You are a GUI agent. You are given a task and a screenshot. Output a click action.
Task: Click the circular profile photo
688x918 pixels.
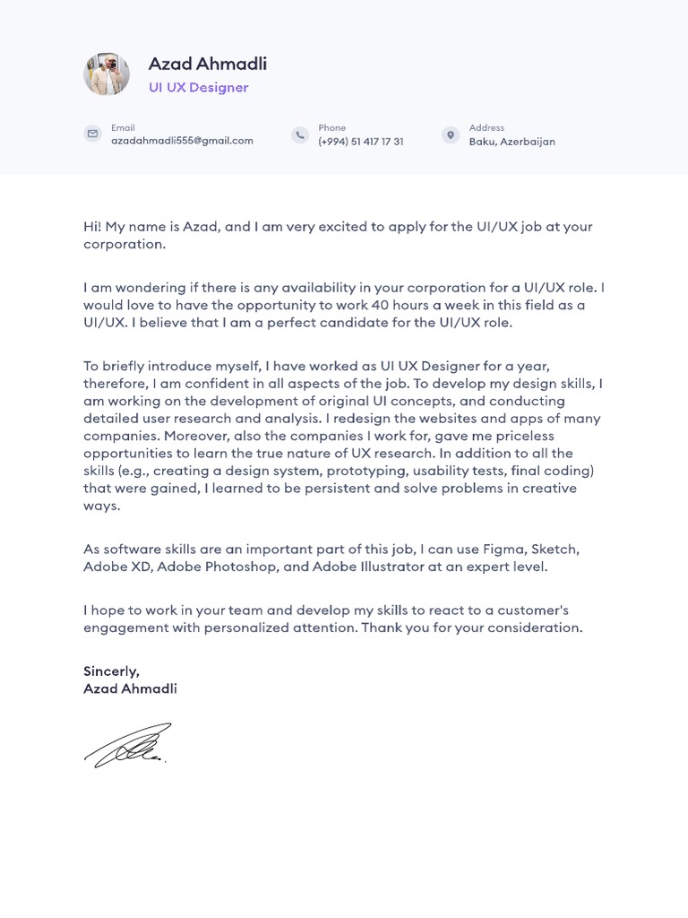[107, 74]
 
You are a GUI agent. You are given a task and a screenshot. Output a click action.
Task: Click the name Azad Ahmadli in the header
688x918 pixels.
[207, 64]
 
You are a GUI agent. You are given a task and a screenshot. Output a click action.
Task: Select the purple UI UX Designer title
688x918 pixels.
[198, 88]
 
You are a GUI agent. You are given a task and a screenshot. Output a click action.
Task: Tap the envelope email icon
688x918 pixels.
[92, 134]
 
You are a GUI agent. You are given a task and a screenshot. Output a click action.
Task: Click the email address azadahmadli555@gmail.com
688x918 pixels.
[182, 141]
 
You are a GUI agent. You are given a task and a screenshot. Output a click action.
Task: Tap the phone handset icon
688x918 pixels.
[299, 134]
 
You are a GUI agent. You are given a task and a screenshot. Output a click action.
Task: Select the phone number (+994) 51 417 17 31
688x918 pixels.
[360, 142]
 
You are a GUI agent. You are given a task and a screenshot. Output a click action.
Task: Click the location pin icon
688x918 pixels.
[450, 134]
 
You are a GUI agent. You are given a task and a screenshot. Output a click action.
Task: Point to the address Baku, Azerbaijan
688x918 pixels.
[512, 142]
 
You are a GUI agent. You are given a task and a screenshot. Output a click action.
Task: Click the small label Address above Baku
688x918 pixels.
[486, 128]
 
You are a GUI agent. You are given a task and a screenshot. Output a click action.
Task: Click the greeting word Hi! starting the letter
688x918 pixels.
[92, 227]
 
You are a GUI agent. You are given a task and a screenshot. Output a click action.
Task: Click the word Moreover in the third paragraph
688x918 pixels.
[195, 436]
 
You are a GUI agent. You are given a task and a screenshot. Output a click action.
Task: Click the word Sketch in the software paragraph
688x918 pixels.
[556, 549]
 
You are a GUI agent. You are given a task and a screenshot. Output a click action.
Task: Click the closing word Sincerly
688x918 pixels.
[111, 671]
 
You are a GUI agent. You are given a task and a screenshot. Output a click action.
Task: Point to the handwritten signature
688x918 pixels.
[126, 745]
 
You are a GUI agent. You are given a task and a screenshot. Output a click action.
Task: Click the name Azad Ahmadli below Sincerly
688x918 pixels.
[130, 688]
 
